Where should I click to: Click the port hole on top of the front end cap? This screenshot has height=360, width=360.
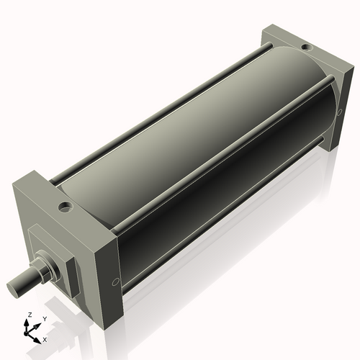click(x=66, y=208)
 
